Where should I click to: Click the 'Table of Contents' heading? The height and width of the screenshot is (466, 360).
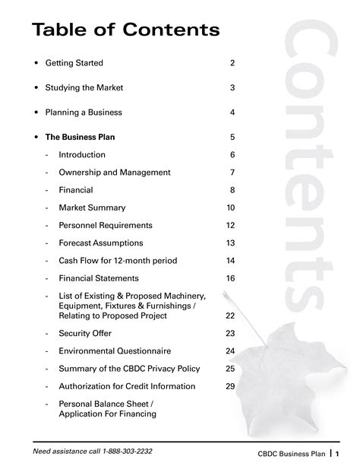(125, 30)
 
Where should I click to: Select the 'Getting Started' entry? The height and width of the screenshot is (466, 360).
(74, 63)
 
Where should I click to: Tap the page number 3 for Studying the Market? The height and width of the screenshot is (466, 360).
(232, 88)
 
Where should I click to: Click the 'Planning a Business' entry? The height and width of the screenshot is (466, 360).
(84, 113)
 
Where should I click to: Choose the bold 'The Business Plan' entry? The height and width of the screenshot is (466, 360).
(80, 138)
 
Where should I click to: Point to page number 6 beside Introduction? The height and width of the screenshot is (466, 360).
(232, 155)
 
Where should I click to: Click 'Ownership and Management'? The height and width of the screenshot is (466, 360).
(114, 173)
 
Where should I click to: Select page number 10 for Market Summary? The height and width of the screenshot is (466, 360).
(231, 208)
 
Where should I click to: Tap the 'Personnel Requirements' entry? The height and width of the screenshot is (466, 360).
(106, 225)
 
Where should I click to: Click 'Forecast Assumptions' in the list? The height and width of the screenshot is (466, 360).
(100, 243)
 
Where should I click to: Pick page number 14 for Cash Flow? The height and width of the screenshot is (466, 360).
(231, 261)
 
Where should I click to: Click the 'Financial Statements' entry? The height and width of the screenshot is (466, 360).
(99, 278)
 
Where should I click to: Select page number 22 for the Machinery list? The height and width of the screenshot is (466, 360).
(230, 315)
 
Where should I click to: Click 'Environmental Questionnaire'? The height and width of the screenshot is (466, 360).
(115, 351)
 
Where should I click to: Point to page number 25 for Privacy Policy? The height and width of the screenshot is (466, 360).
(230, 369)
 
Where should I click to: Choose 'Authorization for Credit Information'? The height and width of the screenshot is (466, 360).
(127, 386)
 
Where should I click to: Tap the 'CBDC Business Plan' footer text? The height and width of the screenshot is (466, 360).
(292, 454)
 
